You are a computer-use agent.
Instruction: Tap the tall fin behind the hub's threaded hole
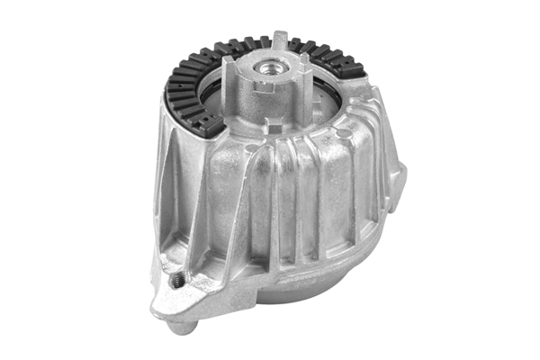click(x=281, y=40)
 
